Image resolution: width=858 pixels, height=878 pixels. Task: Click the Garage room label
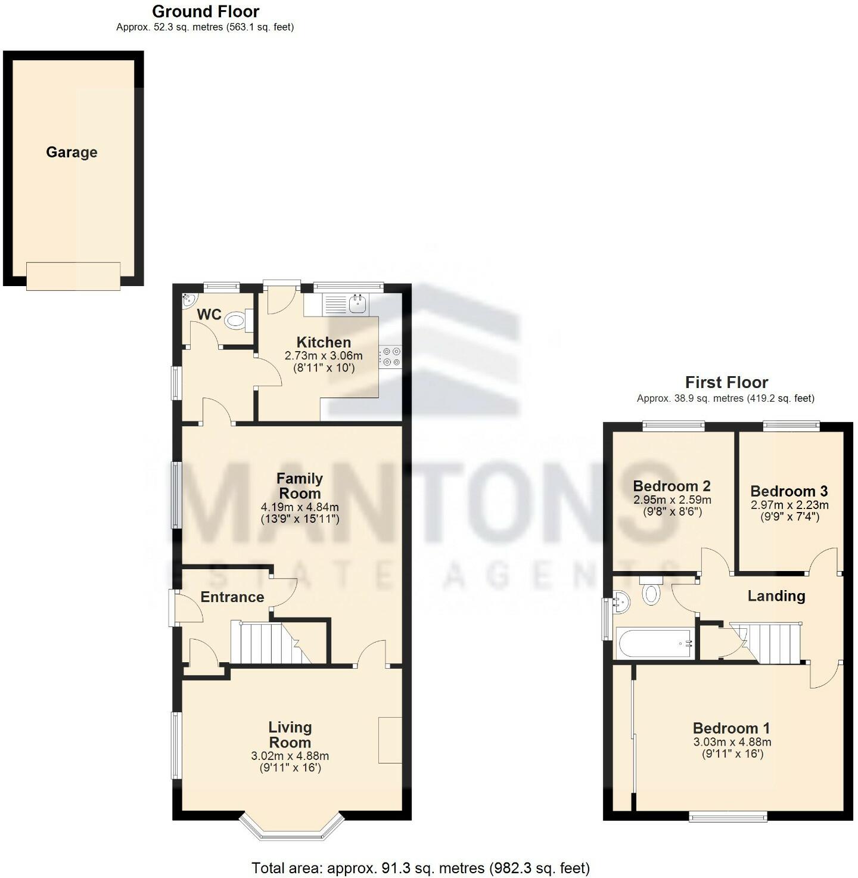pos(71,153)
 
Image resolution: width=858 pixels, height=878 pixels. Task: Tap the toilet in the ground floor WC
pos(236,321)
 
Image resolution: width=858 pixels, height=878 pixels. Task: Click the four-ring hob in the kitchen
pos(391,356)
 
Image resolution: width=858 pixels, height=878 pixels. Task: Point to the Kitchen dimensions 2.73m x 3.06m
pos(324,356)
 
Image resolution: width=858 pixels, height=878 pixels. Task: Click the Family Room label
pos(300,486)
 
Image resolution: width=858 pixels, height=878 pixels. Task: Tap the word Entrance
pos(232,597)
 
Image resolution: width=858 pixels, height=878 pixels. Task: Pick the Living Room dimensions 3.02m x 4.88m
pos(290,756)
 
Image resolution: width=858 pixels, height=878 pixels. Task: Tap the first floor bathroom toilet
pos(651,592)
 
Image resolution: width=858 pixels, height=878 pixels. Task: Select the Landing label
pos(776,596)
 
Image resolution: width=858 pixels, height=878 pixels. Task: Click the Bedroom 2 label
pos(672,486)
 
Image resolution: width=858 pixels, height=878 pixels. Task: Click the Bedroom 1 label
pos(731,728)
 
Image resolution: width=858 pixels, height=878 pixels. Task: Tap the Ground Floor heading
pos(206,11)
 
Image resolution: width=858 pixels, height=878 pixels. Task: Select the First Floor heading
pos(726,382)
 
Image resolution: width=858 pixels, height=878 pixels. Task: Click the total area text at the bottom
pos(421,868)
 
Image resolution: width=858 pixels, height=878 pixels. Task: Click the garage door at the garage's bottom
pos(73,276)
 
